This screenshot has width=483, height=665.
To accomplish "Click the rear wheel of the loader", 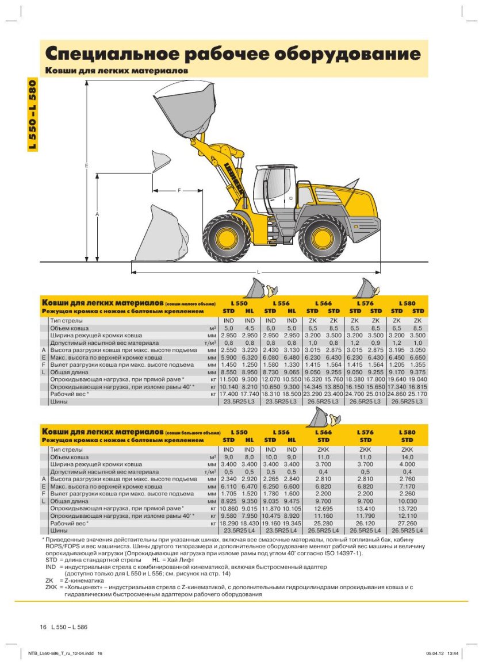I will click(322, 238).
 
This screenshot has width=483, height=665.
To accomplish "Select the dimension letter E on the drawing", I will click(87, 166).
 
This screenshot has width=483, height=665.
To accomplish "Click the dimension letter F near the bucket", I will click(179, 190).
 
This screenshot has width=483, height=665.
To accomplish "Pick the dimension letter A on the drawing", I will click(97, 214).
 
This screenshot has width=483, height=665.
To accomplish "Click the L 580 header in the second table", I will click(407, 432).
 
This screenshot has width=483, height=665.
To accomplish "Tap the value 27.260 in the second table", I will click(407, 523).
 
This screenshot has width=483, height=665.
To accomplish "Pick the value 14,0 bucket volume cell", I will click(407, 457).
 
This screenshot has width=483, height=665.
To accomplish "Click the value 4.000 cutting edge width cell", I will click(407, 464).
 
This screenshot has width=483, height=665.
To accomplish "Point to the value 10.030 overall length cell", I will click(407, 501).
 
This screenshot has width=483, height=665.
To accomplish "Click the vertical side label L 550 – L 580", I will click(33, 114).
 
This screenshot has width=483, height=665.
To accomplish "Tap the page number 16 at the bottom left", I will click(43, 626).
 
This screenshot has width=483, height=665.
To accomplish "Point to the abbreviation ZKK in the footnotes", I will click(51, 587).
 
